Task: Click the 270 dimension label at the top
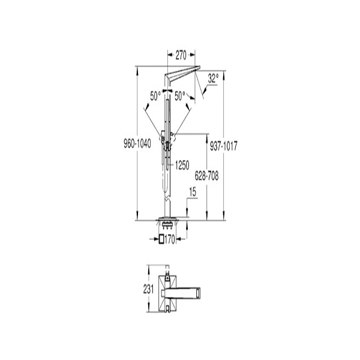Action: click(181, 55)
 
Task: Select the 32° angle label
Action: click(213, 79)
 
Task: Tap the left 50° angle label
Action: click(155, 96)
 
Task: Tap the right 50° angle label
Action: click(180, 96)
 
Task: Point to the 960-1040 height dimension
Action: click(137, 144)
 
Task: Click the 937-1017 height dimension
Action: click(223, 146)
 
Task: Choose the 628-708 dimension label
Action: click(206, 176)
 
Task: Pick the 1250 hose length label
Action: click(182, 166)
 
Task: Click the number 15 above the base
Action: click(193, 193)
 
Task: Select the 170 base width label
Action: click(170, 239)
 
